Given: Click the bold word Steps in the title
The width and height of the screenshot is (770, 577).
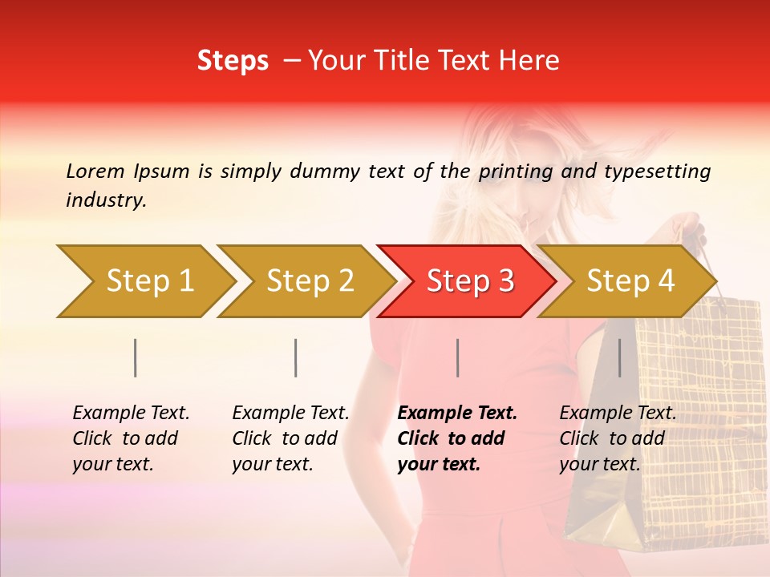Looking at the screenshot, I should click(x=233, y=61).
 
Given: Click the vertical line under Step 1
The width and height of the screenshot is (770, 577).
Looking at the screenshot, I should click(x=136, y=357).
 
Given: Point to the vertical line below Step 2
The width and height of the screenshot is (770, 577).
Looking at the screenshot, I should click(x=296, y=357).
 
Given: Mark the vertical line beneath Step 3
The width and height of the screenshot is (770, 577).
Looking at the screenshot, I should click(x=457, y=357).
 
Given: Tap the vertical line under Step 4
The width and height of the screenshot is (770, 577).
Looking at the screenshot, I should click(x=619, y=357).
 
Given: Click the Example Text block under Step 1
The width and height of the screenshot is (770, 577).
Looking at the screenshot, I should click(x=131, y=438).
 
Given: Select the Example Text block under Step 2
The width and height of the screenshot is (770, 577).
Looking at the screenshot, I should click(x=290, y=438).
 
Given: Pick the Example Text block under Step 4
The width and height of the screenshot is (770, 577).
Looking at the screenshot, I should click(x=618, y=438).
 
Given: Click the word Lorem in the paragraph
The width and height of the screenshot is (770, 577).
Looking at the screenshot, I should click(x=95, y=171).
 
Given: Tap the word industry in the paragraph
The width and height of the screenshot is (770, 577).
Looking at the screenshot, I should click(x=106, y=200).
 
